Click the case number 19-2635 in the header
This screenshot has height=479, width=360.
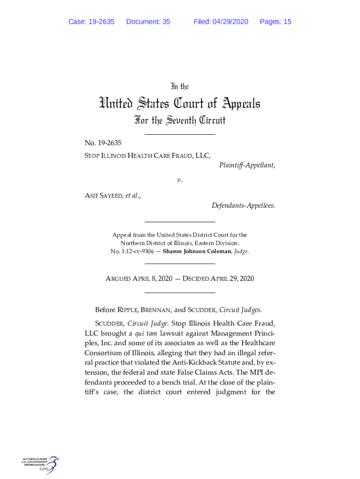(101, 22)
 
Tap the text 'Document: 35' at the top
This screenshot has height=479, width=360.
(148, 22)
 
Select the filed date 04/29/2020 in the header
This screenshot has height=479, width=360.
(230, 22)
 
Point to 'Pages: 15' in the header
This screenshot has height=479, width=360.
(275, 22)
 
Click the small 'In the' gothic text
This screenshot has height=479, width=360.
(180, 87)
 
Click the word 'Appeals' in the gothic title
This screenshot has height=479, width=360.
(235, 103)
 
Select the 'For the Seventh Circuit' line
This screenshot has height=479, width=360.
(180, 121)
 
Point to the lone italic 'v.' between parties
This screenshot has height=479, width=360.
(180, 180)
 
